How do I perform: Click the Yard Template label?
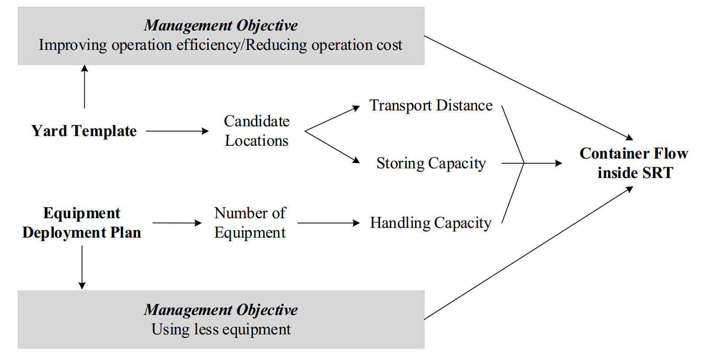(x=84, y=131)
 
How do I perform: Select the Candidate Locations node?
(x=256, y=131)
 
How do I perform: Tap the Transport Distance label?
(x=431, y=106)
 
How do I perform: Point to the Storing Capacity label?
(x=431, y=163)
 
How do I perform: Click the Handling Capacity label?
(x=431, y=223)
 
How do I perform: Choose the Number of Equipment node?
(x=250, y=223)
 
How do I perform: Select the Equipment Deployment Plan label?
(x=82, y=223)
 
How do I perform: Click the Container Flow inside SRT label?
(x=634, y=163)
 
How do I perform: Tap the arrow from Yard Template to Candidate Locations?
(x=177, y=131)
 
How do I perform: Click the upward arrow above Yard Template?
(x=84, y=86)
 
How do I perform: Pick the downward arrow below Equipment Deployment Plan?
(x=82, y=267)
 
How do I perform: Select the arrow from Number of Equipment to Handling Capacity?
(x=328, y=223)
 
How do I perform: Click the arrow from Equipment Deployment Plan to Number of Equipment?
(x=177, y=223)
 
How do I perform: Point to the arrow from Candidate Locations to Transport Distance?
(x=332, y=119)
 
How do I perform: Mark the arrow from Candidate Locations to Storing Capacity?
(x=332, y=147)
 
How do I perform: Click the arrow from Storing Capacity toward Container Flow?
(x=543, y=163)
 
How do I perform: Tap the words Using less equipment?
(x=221, y=330)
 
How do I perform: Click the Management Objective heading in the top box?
(x=221, y=26)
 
